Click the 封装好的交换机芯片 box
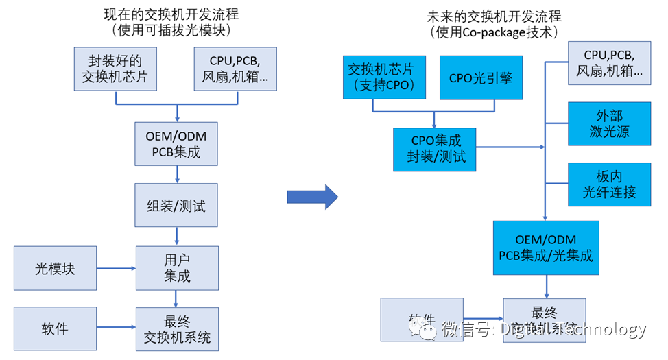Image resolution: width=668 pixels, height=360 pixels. pyautogui.click(x=115, y=69)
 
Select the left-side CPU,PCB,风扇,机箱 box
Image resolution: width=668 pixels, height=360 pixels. pyautogui.click(x=235, y=69)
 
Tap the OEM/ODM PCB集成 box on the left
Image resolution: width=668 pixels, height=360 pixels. pyautogui.click(x=177, y=143)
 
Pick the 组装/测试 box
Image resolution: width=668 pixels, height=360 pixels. pyautogui.click(x=177, y=204)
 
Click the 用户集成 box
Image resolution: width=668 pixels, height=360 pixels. pyautogui.click(x=177, y=268)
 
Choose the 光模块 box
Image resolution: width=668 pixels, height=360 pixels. pyautogui.click(x=55, y=268)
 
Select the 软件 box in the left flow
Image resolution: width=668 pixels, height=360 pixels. pyautogui.click(x=55, y=328)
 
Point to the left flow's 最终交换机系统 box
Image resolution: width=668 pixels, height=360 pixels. pyautogui.click(x=177, y=329)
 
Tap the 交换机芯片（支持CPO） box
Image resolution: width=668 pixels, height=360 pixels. pyautogui.click(x=384, y=77)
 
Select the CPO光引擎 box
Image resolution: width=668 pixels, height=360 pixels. pyautogui.click(x=481, y=77)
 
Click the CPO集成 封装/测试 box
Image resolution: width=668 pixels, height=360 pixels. pyautogui.click(x=435, y=149)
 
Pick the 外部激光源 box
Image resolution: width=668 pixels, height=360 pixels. pyautogui.click(x=609, y=123)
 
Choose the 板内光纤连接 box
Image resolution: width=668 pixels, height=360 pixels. pyautogui.click(x=609, y=184)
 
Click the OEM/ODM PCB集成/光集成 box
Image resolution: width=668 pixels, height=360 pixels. pyautogui.click(x=546, y=248)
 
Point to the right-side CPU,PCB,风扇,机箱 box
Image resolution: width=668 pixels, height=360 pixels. pyautogui.click(x=609, y=62)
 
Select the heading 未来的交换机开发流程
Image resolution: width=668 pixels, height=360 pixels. pyautogui.click(x=493, y=14)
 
